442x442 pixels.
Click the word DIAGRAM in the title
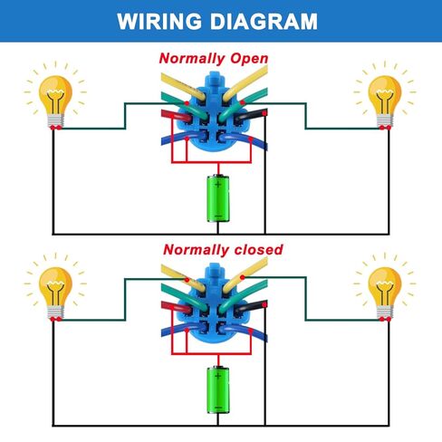point(264,22)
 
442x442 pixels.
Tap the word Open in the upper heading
point(249,59)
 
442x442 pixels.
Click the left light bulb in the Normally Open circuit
point(55,101)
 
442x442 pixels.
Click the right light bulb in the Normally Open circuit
point(385,101)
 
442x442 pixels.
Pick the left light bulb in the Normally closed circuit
point(55,293)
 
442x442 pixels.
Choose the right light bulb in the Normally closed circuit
point(385,293)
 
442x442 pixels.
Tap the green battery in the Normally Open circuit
point(218,198)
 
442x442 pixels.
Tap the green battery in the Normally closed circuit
point(218,389)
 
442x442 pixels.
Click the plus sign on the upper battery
point(218,184)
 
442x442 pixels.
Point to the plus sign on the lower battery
point(218,376)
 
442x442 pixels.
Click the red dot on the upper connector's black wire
point(264,113)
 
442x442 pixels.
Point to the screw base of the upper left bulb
point(55,121)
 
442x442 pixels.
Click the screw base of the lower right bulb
point(385,313)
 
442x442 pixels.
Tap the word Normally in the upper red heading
point(192,58)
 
